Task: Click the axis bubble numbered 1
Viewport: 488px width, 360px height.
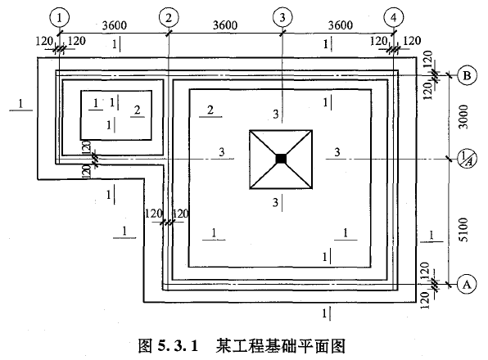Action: point(59,18)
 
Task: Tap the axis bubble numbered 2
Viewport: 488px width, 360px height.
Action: point(169,18)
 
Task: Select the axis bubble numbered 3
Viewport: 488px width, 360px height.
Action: point(282,17)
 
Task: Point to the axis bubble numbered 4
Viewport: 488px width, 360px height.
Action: point(393,18)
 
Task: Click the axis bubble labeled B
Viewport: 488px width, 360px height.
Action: point(467,75)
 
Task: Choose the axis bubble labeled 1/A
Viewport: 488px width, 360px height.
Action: point(466,159)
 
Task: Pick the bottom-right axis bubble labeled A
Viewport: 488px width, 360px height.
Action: point(467,284)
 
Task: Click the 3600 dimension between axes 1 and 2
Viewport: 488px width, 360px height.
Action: point(115,25)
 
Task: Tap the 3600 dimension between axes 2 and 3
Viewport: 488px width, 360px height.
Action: point(225,25)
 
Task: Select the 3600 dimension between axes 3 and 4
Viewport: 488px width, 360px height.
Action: point(341,25)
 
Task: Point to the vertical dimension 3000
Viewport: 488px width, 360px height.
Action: point(463,116)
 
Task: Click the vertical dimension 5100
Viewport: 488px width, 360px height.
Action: point(463,230)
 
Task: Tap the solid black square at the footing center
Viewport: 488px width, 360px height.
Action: point(281,159)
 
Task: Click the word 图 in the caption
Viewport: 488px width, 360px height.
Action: point(146,346)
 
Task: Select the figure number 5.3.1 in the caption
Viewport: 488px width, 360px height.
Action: point(178,346)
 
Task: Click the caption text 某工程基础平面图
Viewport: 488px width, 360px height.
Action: point(280,346)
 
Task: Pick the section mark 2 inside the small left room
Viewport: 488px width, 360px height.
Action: point(138,110)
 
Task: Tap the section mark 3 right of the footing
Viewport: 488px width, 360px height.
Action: point(337,152)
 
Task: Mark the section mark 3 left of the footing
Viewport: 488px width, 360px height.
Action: point(222,152)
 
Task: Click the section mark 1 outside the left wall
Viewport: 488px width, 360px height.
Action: point(20,104)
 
